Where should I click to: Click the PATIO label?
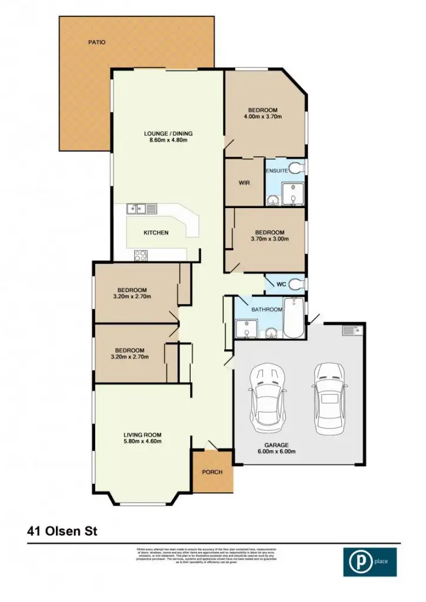pyautogui.click(x=96, y=42)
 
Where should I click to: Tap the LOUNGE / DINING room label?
pyautogui.click(x=168, y=133)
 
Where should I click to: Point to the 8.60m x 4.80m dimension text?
pyautogui.click(x=168, y=141)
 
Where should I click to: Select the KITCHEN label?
pyautogui.click(x=156, y=233)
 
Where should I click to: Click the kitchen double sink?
pyautogui.click(x=141, y=208)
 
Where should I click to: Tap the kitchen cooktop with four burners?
pyautogui.click(x=141, y=255)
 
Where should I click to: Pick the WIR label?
pyautogui.click(x=244, y=183)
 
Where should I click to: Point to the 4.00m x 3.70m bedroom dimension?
pyautogui.click(x=262, y=117)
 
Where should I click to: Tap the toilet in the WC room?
pyautogui.click(x=297, y=285)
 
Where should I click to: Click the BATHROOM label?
pyautogui.click(x=267, y=309)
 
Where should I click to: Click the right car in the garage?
pyautogui.click(x=328, y=397)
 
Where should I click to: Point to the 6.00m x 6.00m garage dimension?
pyautogui.click(x=276, y=452)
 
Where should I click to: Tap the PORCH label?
pyautogui.click(x=212, y=472)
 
